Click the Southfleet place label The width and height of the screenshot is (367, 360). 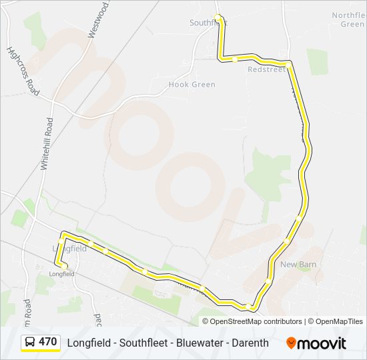(x=208, y=23)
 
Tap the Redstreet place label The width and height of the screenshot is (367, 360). (x=266, y=69)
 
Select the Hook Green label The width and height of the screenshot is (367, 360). (x=192, y=85)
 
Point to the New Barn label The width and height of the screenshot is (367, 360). (x=298, y=265)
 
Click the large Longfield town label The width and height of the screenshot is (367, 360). (x=69, y=248)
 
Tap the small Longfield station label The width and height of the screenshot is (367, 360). (x=61, y=273)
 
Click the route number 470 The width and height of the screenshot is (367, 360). (x=48, y=342)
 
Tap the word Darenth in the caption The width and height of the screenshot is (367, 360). (x=250, y=343)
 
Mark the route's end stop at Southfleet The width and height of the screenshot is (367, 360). (x=217, y=17)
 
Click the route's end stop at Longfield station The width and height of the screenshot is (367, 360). (x=64, y=267)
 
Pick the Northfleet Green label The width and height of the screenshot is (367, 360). (x=348, y=19)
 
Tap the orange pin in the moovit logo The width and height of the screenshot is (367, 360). (x=291, y=343)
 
